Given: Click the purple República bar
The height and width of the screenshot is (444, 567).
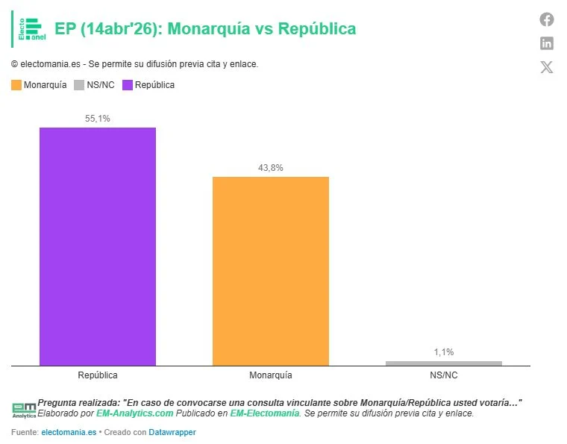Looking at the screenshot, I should (x=98, y=246).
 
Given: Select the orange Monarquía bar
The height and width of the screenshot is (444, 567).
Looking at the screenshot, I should (x=270, y=271).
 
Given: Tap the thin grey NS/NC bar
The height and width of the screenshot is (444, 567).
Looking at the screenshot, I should (x=443, y=363).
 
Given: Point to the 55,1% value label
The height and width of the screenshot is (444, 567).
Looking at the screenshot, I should (x=98, y=119).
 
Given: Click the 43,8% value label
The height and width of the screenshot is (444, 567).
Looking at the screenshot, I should (x=270, y=168).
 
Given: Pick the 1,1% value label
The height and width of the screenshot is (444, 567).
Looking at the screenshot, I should (x=443, y=352).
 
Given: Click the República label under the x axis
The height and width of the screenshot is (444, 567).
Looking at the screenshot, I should (x=98, y=375).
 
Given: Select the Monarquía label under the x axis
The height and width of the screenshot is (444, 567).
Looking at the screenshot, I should (x=270, y=375).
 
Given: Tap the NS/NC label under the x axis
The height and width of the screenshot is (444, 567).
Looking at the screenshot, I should (x=443, y=375).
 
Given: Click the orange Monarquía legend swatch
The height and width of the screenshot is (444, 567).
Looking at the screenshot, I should (x=16, y=85).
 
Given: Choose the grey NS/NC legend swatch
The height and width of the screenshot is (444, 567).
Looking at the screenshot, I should (x=79, y=85).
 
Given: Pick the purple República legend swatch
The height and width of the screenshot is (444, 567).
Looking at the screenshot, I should (x=128, y=85).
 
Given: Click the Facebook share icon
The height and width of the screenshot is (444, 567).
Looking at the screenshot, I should (x=547, y=20).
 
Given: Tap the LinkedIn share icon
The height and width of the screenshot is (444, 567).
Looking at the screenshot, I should (x=547, y=43).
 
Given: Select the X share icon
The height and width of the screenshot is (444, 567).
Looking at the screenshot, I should (x=547, y=67).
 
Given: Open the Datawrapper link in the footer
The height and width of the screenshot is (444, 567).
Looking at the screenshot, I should (x=172, y=432).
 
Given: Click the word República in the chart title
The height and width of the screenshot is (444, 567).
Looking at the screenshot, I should (x=316, y=29).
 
